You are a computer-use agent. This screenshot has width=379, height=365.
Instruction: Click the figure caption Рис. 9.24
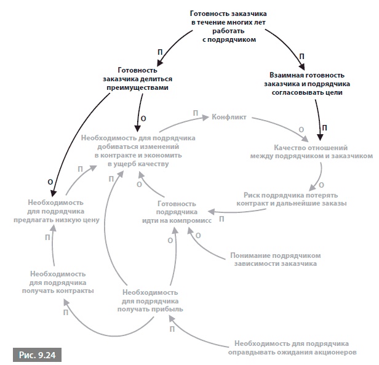pyautogui.click(x=36, y=355)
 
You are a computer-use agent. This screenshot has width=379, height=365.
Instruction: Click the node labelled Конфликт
pyautogui.click(x=229, y=115)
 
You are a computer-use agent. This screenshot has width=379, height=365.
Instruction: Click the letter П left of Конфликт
pyautogui.click(x=196, y=113)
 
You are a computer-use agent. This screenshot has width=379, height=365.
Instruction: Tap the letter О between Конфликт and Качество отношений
pyautogui.click(x=301, y=130)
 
